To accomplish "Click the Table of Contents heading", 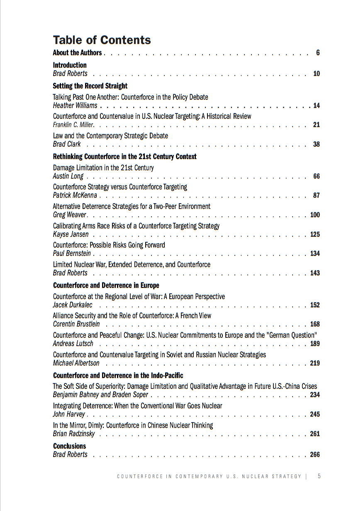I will click(102, 40).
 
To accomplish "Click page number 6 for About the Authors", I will click(317, 53).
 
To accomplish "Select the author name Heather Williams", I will click(75, 106).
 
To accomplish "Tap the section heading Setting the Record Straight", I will click(90, 86).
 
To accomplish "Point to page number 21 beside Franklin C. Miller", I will click(316, 125).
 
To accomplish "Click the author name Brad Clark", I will click(67, 144).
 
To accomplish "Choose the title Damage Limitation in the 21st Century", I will click(103, 168).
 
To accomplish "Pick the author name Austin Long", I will click(68, 176).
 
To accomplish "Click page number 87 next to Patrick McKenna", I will click(316, 195).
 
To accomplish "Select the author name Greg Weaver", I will click(69, 215).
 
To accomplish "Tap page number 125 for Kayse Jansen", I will click(315, 234).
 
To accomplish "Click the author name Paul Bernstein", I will click(72, 253).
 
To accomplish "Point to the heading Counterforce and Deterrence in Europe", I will click(106, 285).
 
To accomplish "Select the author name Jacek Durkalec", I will click(73, 305).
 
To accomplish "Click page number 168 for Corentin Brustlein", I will click(315, 324).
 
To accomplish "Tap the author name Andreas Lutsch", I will click(73, 344).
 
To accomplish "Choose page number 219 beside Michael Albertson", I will click(315, 363).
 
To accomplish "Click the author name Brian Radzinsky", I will click(74, 434).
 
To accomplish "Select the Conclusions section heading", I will click(69, 446).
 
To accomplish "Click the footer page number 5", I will click(319, 476).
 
